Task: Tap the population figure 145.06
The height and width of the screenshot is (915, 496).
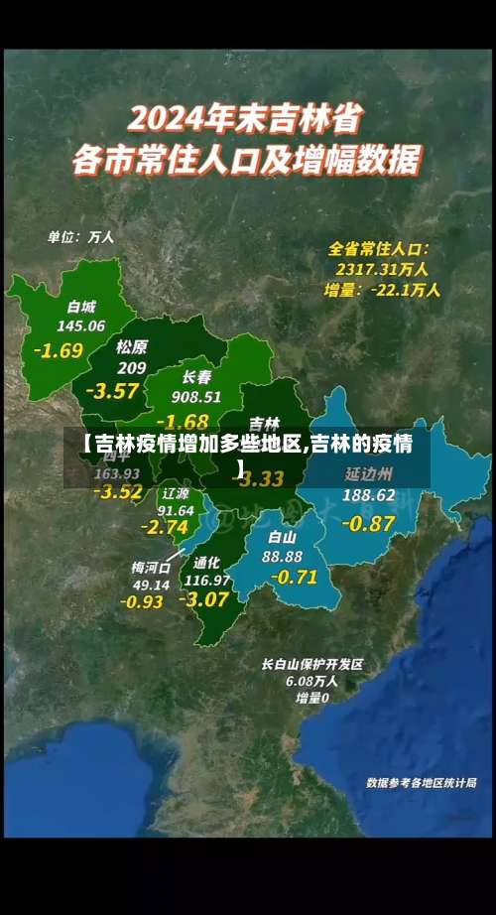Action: tap(80, 326)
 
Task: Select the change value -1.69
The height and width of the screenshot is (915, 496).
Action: tap(59, 350)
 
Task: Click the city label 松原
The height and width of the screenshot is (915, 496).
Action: tap(132, 347)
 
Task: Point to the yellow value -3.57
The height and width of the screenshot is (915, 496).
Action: tap(112, 390)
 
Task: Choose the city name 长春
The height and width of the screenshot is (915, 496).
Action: tap(196, 377)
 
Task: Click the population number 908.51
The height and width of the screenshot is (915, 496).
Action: tap(196, 396)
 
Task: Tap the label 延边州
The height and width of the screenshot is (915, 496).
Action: tap(369, 473)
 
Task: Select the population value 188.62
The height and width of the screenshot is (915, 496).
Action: tap(369, 494)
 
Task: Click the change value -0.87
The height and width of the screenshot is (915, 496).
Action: tap(368, 522)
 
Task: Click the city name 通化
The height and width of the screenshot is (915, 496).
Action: tap(207, 561)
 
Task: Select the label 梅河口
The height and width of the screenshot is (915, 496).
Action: tap(151, 568)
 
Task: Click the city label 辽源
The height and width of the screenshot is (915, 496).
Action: tap(176, 493)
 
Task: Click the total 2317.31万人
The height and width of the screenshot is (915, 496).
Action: tap(382, 269)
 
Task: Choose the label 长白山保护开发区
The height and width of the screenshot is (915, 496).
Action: tap(312, 664)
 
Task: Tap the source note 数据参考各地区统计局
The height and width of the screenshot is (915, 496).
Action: tap(422, 783)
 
